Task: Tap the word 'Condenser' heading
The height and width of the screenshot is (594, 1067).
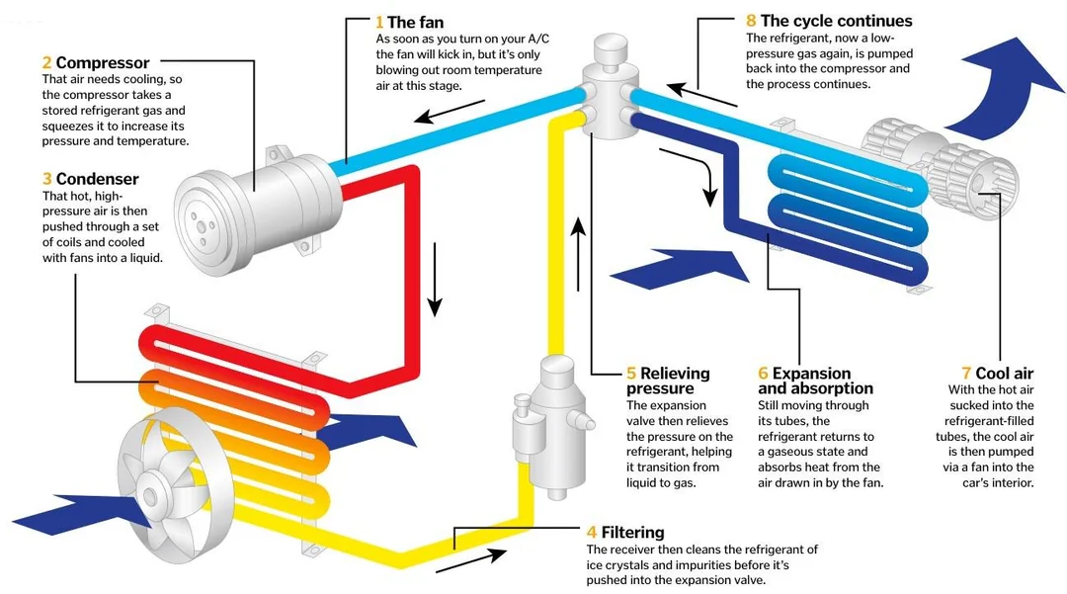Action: click(97, 179)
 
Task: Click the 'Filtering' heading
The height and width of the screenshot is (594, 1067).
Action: click(632, 533)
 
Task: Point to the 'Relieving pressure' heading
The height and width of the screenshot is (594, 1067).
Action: click(676, 381)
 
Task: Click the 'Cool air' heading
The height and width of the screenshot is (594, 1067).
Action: click(1003, 373)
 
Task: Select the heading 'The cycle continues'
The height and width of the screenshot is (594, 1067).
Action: click(836, 21)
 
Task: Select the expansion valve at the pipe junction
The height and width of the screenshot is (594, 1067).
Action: click(604, 89)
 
